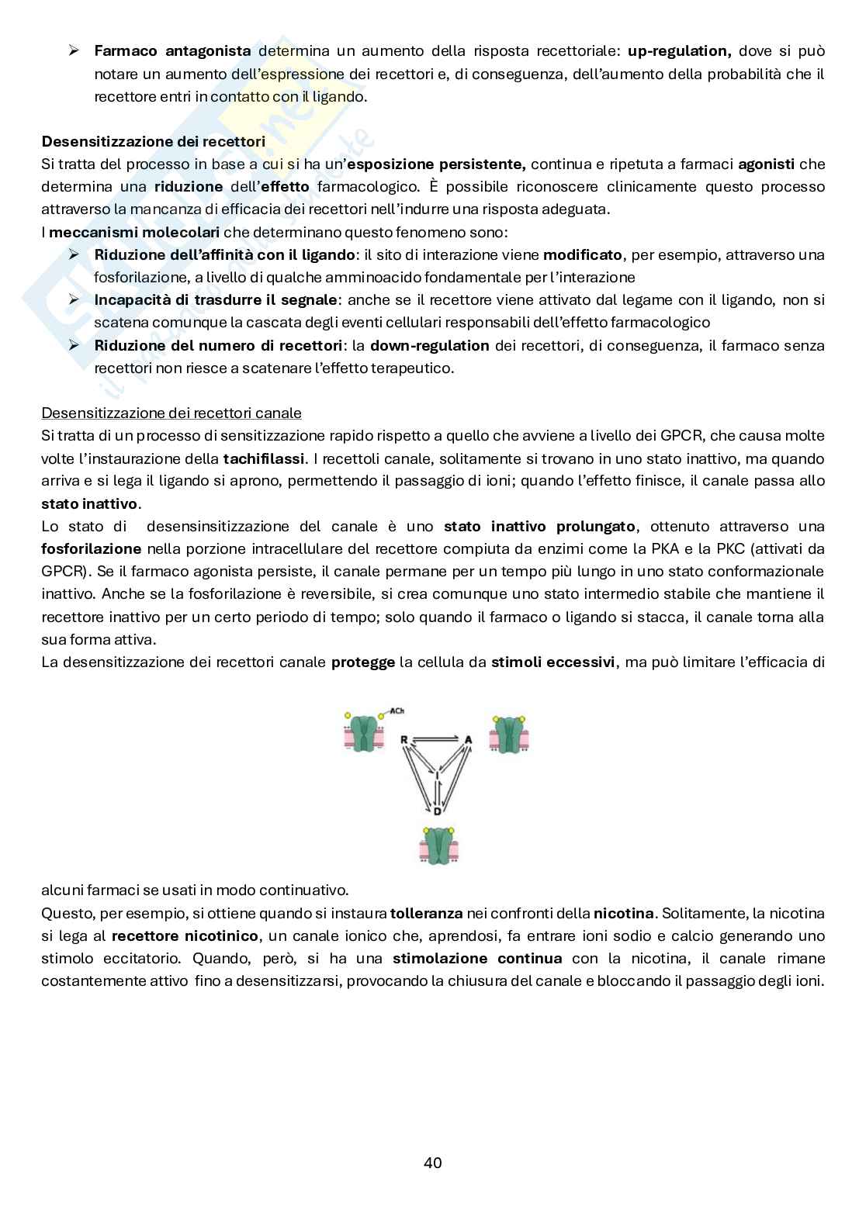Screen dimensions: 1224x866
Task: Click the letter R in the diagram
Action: (404, 739)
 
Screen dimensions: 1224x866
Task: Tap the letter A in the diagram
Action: (468, 739)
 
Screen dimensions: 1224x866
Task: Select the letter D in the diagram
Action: (437, 811)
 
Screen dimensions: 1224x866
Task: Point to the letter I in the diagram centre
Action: (437, 774)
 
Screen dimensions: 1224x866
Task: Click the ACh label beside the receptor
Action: (397, 711)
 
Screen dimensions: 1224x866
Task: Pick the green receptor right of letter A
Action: (509, 734)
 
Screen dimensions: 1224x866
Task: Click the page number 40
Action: (433, 1163)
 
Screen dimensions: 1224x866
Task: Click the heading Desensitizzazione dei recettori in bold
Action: (153, 141)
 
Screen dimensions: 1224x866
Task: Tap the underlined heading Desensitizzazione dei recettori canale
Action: (171, 413)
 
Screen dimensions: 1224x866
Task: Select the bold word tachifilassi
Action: (263, 458)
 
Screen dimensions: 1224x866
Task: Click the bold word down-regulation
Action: (429, 345)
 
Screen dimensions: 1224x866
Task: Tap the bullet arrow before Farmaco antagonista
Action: (74, 51)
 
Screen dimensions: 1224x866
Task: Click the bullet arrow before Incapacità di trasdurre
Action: (74, 300)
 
